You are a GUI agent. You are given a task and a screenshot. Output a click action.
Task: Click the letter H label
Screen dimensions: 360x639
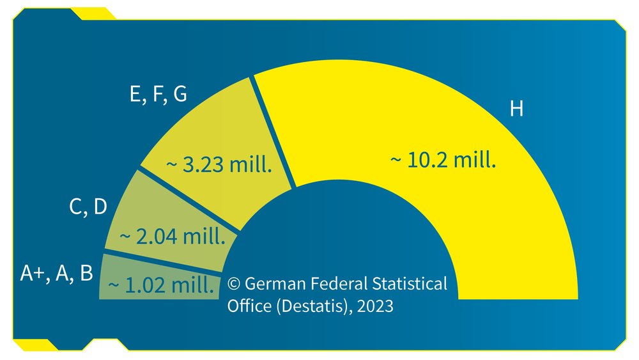(x=516, y=109)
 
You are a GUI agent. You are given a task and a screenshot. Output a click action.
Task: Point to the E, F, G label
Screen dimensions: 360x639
(x=158, y=94)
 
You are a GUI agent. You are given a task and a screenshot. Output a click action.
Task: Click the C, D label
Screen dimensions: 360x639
(x=88, y=207)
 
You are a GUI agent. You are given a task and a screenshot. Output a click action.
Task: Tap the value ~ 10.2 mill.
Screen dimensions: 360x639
(x=443, y=160)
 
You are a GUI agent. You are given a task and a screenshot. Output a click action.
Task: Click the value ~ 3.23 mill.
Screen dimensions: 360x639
(x=220, y=166)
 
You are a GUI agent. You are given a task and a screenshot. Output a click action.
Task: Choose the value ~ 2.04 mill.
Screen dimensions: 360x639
(x=173, y=237)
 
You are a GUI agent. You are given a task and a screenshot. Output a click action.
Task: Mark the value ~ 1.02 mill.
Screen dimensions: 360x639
(x=161, y=285)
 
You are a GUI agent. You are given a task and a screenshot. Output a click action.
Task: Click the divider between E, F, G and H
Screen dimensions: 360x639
(x=273, y=132)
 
